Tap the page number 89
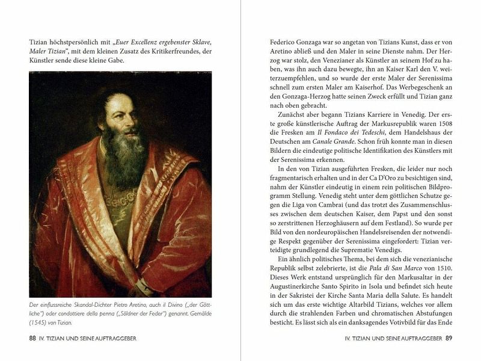point(448,338)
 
